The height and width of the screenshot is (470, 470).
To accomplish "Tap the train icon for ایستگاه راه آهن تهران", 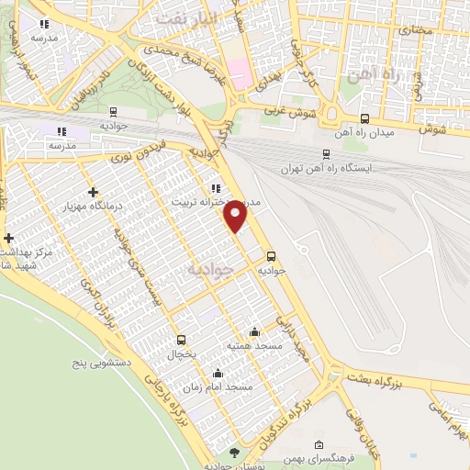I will click(327, 154).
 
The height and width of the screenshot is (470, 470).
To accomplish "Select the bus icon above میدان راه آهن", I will click(365, 118).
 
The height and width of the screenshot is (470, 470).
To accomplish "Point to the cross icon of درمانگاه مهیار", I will click(93, 192).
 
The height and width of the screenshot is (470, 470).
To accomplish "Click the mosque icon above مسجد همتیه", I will click(254, 331).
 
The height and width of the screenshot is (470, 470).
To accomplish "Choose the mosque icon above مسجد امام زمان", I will click(218, 373).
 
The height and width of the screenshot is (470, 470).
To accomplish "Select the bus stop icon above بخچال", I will click(181, 339).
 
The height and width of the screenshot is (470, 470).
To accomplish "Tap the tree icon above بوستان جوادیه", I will click(234, 453).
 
